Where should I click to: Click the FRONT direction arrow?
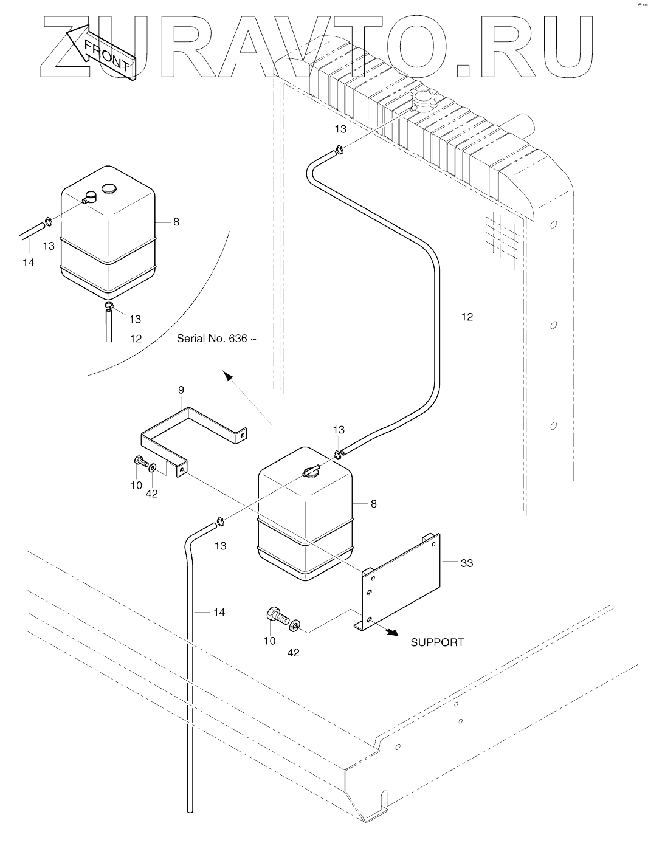(102, 52)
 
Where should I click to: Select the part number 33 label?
(466, 563)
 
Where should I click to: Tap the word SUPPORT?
(437, 642)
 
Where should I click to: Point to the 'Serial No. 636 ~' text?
(216, 339)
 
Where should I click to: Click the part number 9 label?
(181, 390)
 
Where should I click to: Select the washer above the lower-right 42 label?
(295, 625)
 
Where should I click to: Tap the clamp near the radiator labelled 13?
(342, 148)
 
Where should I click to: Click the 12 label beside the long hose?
(466, 317)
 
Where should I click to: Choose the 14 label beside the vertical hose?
(219, 612)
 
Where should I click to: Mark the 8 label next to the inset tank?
(176, 222)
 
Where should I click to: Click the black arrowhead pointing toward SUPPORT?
(391, 632)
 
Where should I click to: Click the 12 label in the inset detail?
(135, 339)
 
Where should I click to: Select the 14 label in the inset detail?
(29, 263)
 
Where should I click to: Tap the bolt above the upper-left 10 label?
(141, 463)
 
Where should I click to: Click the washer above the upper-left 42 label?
(153, 468)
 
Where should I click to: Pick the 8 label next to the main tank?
(373, 504)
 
